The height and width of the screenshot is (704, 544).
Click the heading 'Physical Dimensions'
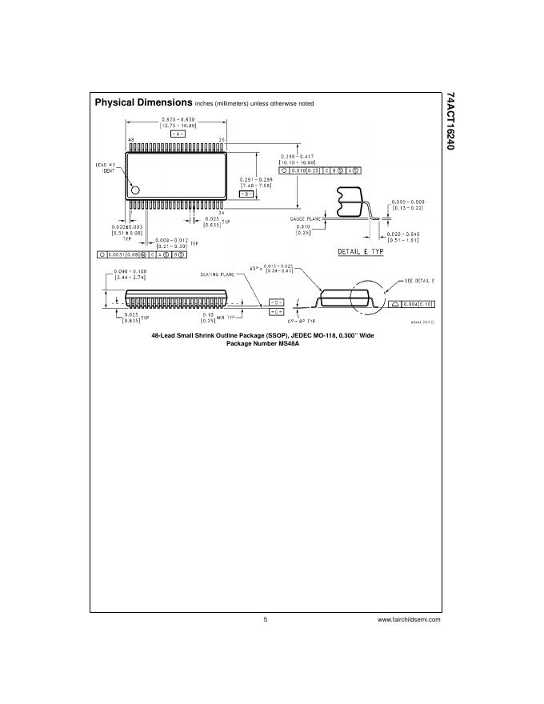[143, 102]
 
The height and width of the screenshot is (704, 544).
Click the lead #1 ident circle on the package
[135, 190]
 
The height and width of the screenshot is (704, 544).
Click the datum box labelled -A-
[177, 133]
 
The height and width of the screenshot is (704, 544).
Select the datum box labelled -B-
[248, 194]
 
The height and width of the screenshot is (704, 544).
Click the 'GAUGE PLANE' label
[305, 217]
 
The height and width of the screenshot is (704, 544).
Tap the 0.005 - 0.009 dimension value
[407, 202]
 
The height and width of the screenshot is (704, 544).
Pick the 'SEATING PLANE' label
[218, 274]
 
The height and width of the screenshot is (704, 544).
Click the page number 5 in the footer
[265, 619]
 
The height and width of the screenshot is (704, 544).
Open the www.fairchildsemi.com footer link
[409, 619]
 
